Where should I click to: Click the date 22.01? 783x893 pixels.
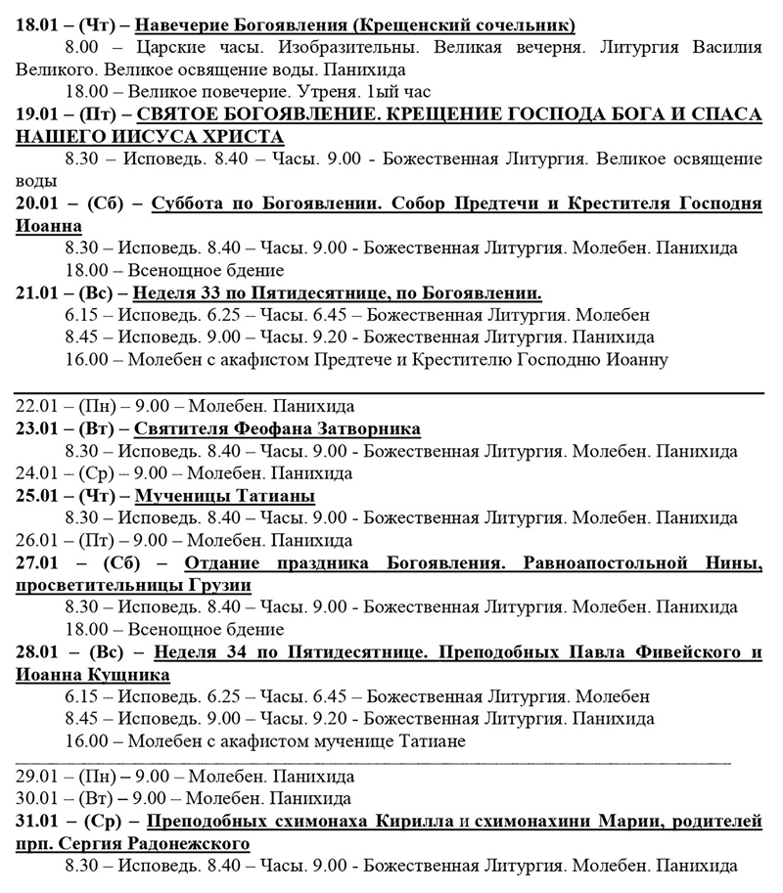click(x=36, y=406)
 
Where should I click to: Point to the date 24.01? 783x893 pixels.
click(x=36, y=473)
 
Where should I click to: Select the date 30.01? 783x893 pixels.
click(x=36, y=797)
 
